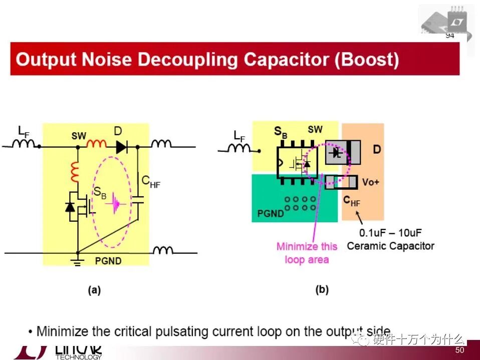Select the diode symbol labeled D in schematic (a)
[121, 147]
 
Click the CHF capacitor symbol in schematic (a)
[137, 200]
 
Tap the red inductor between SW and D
[97, 145]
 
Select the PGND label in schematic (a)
[108, 261]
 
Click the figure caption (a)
[94, 290]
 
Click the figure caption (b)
[322, 289]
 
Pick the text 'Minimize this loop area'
[307, 253]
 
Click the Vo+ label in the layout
[370, 182]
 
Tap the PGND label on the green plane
[271, 213]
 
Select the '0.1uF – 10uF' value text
[390, 233]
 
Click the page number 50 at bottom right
[459, 351]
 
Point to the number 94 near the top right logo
[449, 36]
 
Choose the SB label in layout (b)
[281, 133]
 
